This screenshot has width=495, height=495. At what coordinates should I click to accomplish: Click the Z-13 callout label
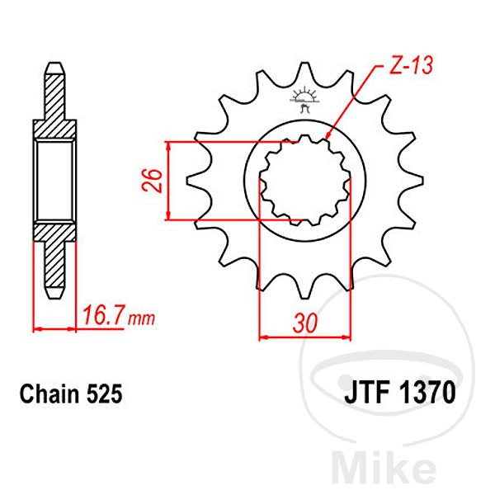tap(411, 66)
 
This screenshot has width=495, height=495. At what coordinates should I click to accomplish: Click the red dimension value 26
tap(152, 181)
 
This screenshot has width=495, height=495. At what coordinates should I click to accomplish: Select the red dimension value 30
tap(304, 323)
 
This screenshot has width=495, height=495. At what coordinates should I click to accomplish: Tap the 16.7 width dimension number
tap(102, 315)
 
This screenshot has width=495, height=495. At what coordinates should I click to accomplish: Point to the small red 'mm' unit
tap(141, 319)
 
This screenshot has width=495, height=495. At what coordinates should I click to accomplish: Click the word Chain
tap(49, 394)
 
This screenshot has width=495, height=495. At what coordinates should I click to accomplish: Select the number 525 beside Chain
tap(104, 394)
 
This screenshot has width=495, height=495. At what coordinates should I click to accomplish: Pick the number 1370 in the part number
tap(427, 393)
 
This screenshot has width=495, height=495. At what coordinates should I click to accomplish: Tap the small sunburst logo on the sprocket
tap(304, 98)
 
